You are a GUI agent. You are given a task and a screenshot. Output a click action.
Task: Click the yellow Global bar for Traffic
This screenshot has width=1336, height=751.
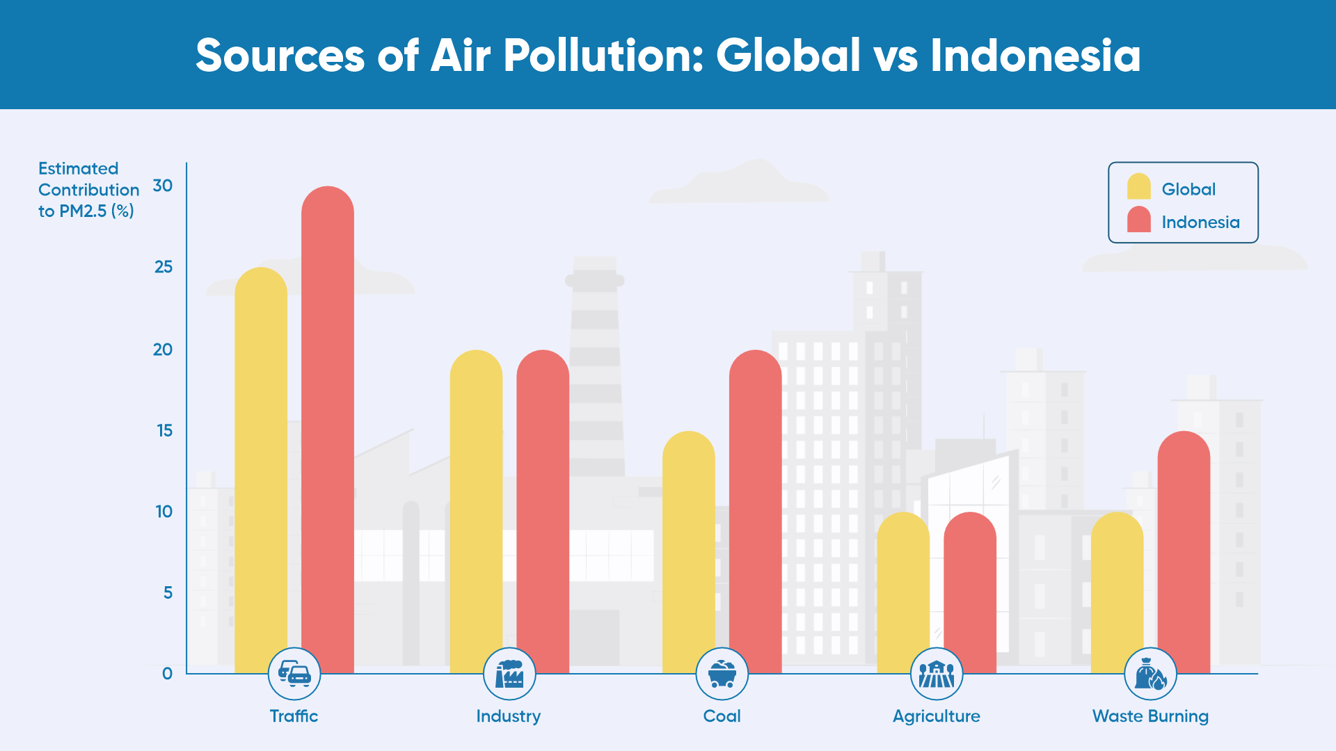261,470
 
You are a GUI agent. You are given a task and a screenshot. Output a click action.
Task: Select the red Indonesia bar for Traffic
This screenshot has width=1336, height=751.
328,430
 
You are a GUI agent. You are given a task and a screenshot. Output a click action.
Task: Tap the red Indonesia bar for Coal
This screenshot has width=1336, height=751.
755,511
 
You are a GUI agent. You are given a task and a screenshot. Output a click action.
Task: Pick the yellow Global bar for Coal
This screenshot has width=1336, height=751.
689,552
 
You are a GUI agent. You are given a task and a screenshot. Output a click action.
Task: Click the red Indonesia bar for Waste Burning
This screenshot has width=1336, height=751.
1184,552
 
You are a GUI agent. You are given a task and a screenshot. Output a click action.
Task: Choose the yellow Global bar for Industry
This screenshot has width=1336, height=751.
476,511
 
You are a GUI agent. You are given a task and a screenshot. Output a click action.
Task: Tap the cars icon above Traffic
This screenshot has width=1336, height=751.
294,674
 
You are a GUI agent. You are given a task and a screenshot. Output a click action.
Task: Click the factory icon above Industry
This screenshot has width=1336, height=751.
509,674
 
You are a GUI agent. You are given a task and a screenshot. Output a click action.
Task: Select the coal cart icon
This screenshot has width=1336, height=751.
722,674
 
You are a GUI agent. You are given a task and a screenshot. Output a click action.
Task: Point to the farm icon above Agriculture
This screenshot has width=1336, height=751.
937,674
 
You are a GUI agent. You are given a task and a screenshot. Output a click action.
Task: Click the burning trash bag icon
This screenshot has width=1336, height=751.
1150,674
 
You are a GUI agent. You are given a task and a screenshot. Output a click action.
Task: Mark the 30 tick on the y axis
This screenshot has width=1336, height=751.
163,186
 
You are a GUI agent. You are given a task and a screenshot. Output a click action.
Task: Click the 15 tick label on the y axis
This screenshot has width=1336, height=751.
164,430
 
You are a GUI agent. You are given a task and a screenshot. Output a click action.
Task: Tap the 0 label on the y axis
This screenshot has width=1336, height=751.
167,673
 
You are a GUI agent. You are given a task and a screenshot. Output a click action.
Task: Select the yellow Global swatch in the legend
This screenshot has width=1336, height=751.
1139,186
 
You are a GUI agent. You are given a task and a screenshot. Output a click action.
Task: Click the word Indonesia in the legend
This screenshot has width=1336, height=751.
1200,222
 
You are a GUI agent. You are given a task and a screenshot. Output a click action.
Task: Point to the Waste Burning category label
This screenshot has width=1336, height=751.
1150,716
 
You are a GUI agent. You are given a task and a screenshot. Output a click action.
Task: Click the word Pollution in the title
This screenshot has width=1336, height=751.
603,55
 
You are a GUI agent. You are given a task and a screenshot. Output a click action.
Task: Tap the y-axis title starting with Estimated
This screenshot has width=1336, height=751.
88,190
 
